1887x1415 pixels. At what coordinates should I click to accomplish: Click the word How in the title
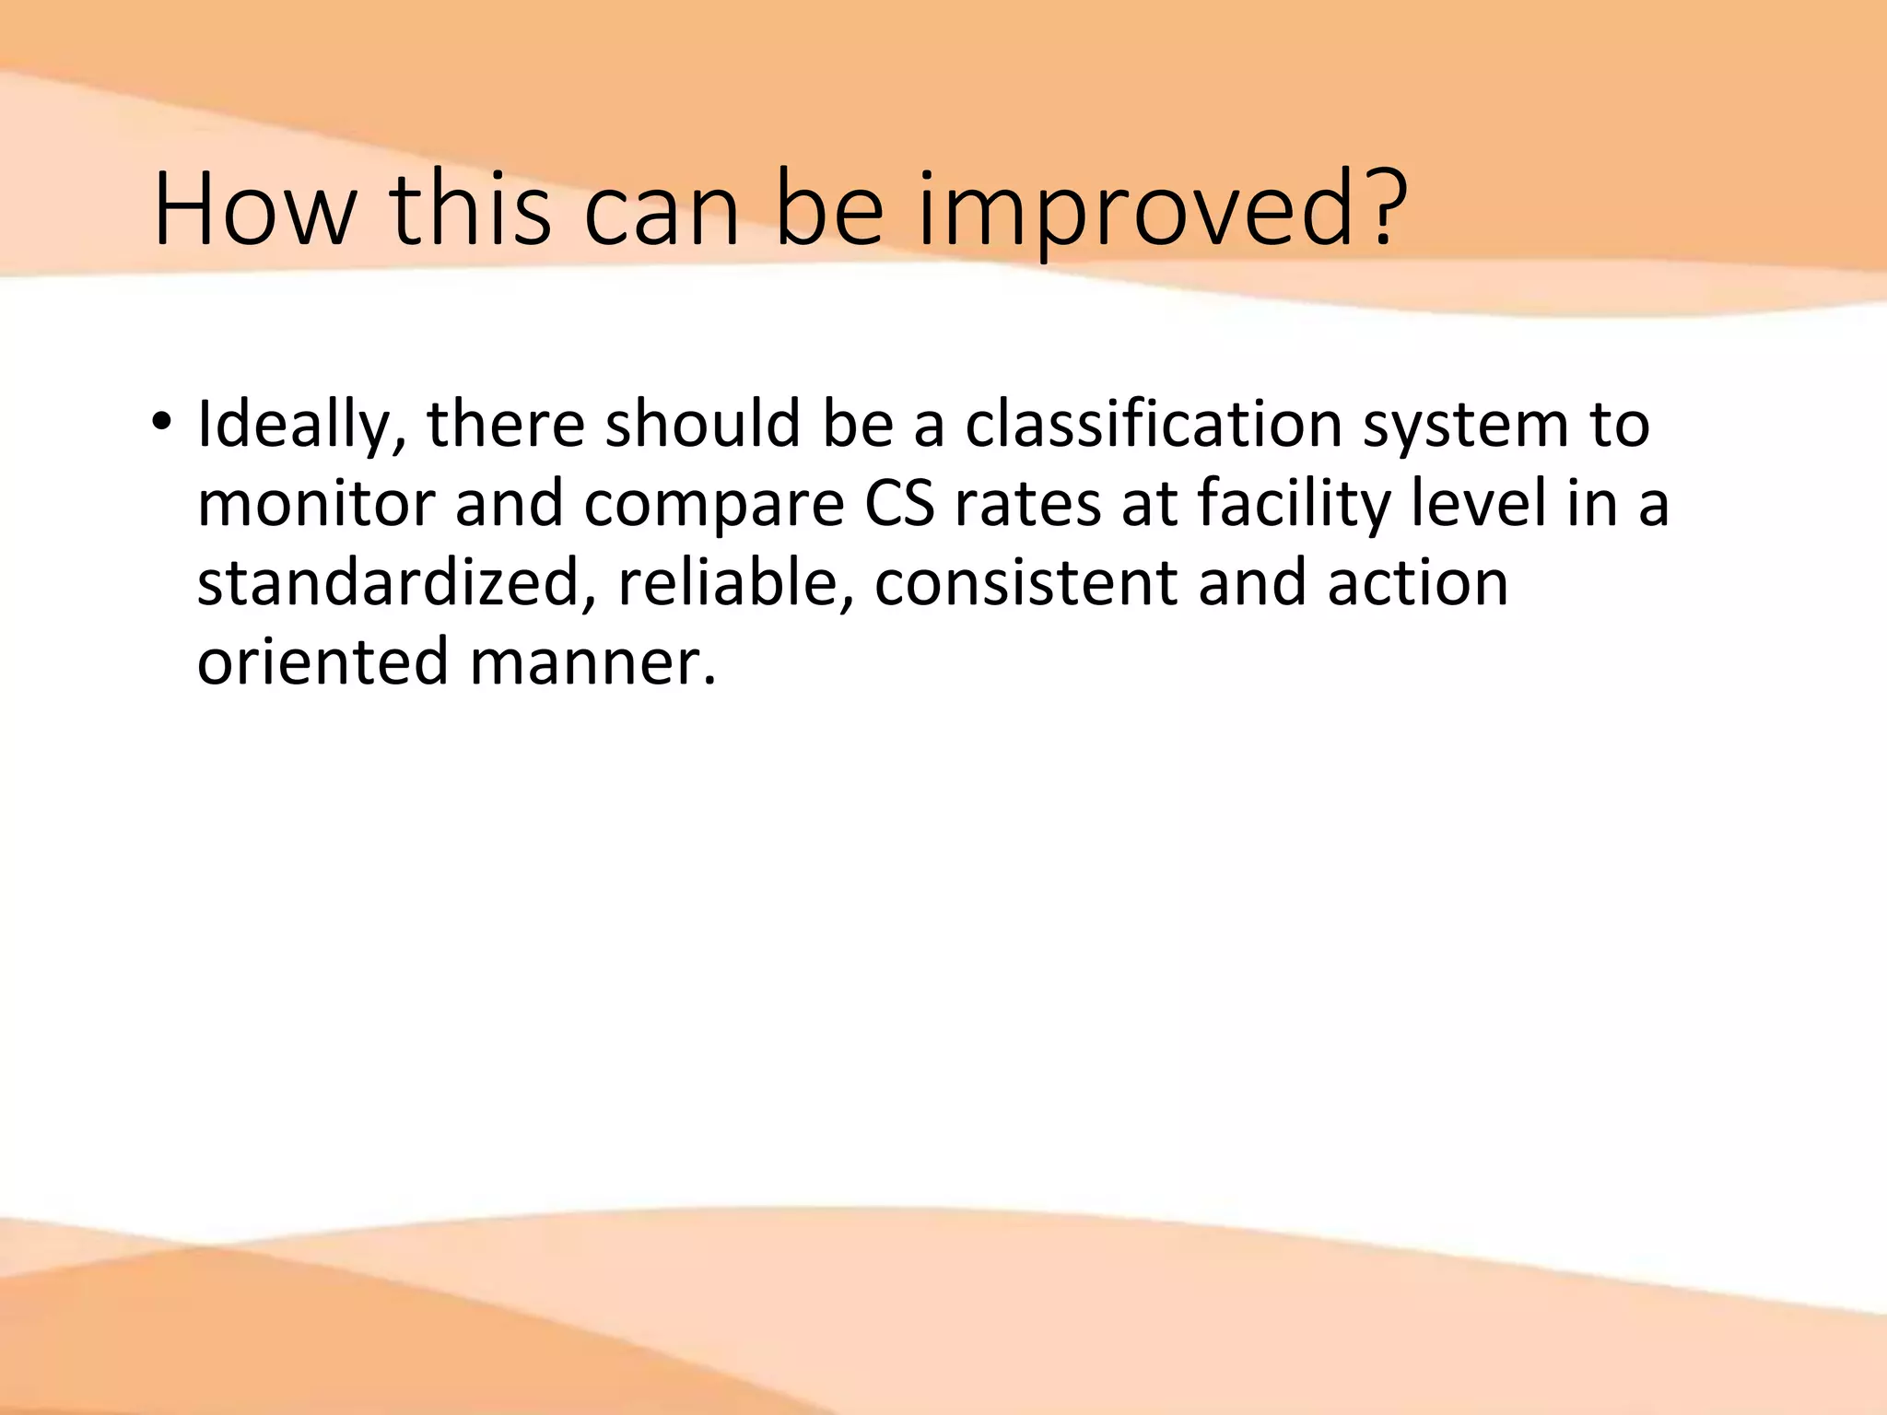point(254,210)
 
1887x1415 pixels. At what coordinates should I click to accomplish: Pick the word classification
point(1153,425)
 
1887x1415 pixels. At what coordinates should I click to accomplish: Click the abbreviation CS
point(899,505)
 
